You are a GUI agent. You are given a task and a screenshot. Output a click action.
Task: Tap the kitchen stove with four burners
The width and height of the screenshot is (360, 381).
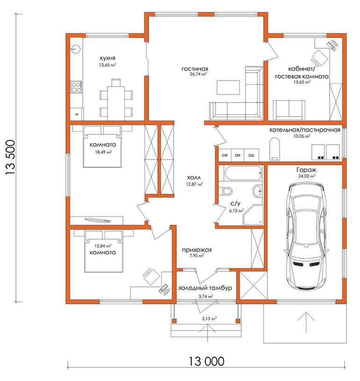tap(76, 88)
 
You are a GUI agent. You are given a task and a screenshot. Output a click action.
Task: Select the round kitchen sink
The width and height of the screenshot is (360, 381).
tap(76, 49)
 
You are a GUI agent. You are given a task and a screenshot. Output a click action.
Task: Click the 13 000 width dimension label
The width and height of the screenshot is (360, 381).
tap(206, 361)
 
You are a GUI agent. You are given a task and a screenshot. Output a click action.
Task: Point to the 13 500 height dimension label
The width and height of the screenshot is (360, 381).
tap(10, 157)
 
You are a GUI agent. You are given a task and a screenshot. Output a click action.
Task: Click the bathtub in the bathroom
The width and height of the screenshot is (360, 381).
tap(244, 173)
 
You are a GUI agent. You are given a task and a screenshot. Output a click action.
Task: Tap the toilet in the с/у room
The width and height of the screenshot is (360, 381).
tap(225, 191)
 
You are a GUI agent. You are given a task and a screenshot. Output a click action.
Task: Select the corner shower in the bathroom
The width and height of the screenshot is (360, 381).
tap(253, 215)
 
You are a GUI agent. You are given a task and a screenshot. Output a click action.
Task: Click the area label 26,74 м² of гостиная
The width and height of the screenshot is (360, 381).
tap(199, 74)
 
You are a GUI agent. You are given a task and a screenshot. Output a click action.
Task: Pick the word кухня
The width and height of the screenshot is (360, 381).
tap(108, 59)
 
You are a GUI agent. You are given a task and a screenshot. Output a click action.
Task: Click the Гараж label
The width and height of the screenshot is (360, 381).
tap(306, 170)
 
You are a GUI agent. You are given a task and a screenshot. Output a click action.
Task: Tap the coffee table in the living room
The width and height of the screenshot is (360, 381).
tap(228, 88)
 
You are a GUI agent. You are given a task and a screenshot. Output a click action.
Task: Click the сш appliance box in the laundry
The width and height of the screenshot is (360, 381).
tap(251, 155)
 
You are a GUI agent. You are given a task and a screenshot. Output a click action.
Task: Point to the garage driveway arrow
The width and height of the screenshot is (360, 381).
tap(306, 322)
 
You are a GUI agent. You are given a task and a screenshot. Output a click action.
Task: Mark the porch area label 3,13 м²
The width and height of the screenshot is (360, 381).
tap(209, 319)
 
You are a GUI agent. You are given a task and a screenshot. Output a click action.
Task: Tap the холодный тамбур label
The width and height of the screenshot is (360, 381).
tap(205, 288)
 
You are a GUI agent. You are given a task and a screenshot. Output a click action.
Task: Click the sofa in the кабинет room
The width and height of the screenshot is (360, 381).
tap(289, 110)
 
